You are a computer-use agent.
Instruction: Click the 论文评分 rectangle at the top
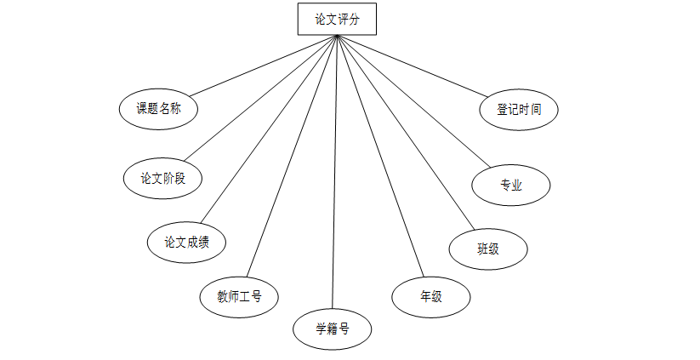(337, 19)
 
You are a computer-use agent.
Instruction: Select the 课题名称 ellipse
(158, 108)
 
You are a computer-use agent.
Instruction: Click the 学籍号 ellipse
(332, 329)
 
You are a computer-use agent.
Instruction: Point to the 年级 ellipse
(430, 297)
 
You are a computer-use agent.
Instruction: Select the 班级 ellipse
(487, 249)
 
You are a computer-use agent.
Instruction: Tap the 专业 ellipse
(511, 185)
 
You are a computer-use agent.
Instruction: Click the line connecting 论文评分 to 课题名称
(264, 65)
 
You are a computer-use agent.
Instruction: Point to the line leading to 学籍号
(335, 170)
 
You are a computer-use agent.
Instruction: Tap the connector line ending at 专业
(417, 102)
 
